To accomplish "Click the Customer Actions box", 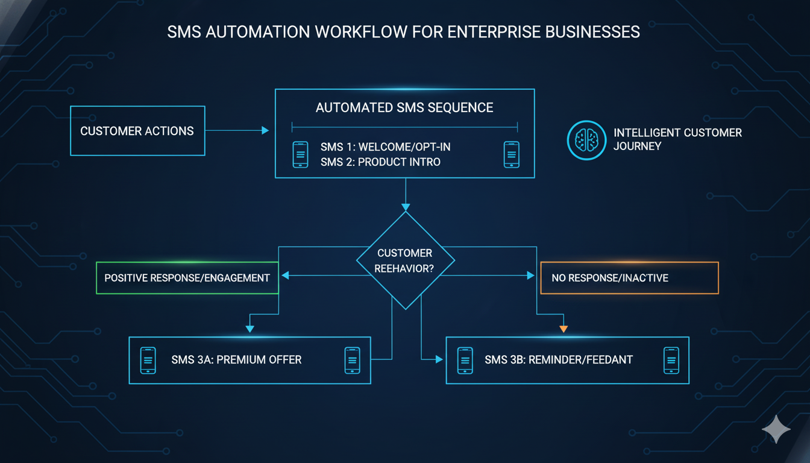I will point(137,131).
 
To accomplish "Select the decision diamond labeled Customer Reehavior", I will point(404,260).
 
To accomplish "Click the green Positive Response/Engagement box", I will point(187,278).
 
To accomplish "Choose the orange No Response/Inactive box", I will point(629,278).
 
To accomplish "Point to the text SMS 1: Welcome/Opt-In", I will point(386,148).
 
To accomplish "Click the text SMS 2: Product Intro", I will point(380,162).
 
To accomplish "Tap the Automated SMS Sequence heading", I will point(404,108).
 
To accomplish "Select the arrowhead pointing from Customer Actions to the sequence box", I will point(265,130).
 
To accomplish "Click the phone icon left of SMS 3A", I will point(148,360).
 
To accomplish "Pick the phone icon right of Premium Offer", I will point(352,360).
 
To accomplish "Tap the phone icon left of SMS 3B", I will point(465,360).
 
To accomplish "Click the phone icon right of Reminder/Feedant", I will point(671,360).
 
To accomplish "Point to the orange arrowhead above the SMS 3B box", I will point(564,329).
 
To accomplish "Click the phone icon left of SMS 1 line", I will point(300,155).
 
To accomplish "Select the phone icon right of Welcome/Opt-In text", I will point(511,155).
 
